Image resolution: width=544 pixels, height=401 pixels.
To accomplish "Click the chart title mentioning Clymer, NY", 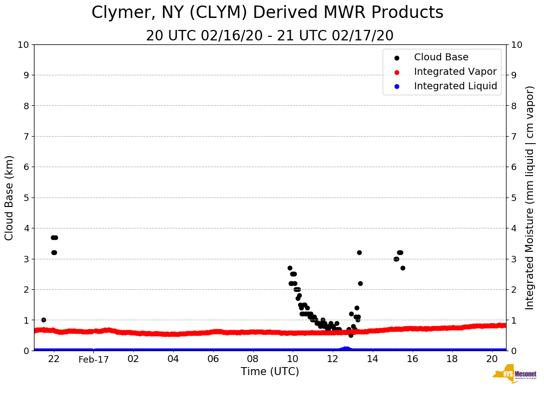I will (x=267, y=12).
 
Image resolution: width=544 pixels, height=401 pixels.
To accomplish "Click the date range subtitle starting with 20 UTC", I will (x=270, y=36).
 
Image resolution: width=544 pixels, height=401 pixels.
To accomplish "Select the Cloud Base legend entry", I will (x=441, y=57).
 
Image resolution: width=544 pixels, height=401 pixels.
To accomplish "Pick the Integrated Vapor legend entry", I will (x=455, y=72).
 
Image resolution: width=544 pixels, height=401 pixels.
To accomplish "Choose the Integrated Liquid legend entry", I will (x=456, y=86).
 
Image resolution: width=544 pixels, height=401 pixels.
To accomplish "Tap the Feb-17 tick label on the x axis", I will (x=93, y=359).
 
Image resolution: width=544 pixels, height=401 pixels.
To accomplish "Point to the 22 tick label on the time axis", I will (x=54, y=359).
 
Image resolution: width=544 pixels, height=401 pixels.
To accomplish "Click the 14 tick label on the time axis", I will (x=373, y=359).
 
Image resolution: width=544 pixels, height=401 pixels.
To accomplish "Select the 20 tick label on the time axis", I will (x=492, y=359).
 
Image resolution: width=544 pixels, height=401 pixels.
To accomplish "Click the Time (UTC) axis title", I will (x=270, y=372).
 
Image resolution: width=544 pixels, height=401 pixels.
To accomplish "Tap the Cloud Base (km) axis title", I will (x=9, y=198).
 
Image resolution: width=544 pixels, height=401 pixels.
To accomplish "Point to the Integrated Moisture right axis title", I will (x=530, y=198).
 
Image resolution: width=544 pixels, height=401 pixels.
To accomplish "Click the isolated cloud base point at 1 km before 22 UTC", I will (x=43, y=320).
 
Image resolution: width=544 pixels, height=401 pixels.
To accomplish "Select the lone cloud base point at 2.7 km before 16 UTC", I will (x=403, y=268).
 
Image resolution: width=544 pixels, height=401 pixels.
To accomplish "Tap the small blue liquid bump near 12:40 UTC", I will (x=345, y=349).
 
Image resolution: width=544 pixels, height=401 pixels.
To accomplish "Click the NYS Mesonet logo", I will (x=515, y=376).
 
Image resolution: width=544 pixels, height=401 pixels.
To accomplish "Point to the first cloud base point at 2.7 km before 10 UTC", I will (x=290, y=268).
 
